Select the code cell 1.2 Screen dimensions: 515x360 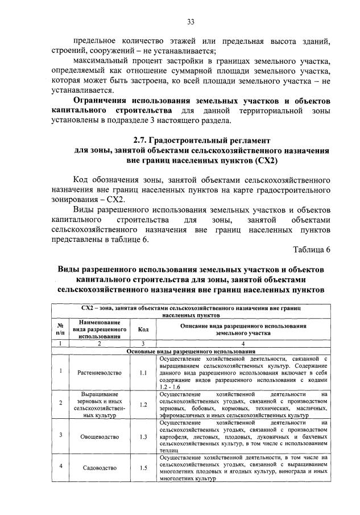(143, 405)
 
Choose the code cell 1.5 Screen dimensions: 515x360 (143, 468)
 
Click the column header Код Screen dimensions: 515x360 (143, 329)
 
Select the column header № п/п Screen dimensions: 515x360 (60, 329)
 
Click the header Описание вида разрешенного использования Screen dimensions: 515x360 (243, 326)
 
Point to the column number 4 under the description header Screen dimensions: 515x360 (243, 344)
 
